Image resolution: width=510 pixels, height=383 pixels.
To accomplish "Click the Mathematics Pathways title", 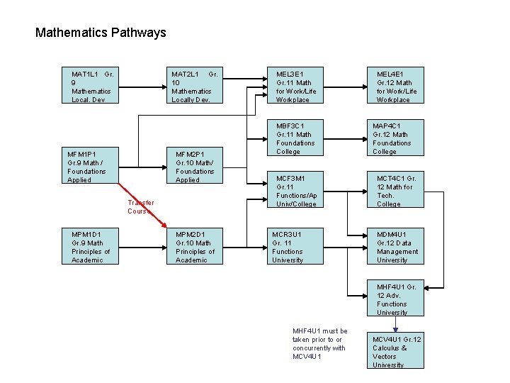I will tap(101, 33).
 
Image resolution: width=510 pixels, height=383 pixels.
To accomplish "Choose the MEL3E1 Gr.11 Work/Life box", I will tap(295, 86).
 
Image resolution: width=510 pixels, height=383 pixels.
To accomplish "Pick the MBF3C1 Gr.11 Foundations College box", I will tap(295, 138).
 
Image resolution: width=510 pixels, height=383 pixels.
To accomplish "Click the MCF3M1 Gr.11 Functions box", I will tap(295, 189).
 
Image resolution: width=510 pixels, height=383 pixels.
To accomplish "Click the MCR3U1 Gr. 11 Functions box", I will tap(295, 246).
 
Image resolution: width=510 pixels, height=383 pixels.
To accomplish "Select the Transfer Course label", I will tap(140, 207).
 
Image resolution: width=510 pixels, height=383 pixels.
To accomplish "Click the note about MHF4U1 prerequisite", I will tap(320, 343).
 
